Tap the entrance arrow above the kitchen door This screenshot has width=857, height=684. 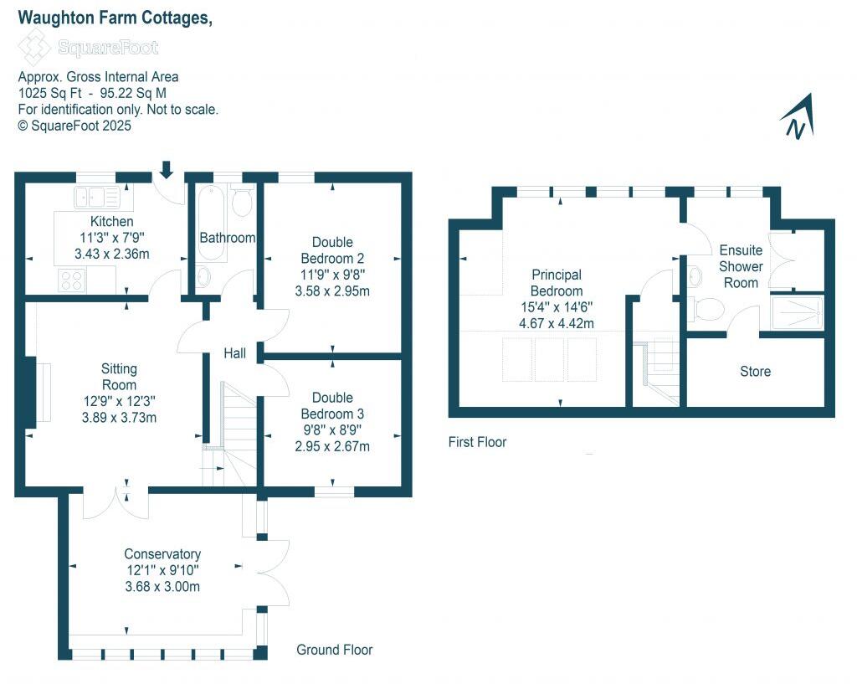[166, 170]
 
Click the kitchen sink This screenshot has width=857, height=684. [98, 198]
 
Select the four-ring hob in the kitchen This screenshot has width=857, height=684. [69, 280]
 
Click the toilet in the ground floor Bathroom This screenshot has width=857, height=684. [242, 201]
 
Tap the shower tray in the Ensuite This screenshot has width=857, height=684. [797, 312]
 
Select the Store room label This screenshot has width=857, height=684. [755, 371]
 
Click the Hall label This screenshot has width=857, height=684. [234, 354]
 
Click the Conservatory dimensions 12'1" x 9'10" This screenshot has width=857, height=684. [162, 570]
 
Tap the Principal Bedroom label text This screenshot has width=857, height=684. [556, 282]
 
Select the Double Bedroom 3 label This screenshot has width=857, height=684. [332, 406]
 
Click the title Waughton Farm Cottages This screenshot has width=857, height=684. [115, 18]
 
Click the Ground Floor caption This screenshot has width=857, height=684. [335, 650]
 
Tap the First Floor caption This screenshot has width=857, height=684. [477, 442]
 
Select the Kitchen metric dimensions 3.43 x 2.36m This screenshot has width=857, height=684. [111, 254]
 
